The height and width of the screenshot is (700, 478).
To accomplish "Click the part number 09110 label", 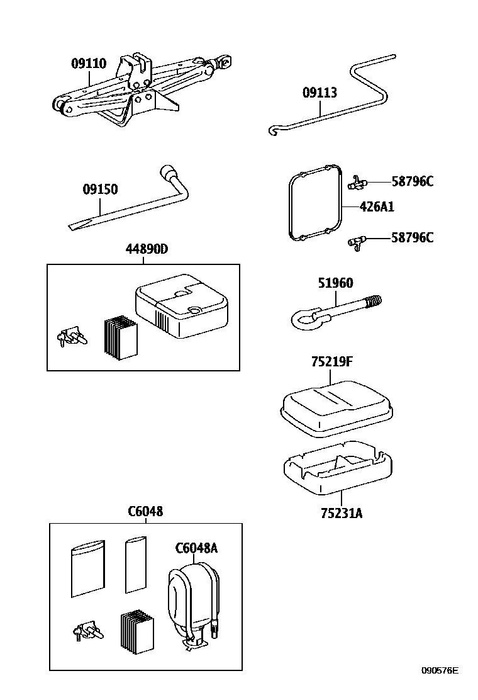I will coord(88,64).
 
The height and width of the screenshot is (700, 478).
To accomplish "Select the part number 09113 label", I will coord(320,93).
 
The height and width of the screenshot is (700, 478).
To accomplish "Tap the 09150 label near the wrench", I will coord(100,189).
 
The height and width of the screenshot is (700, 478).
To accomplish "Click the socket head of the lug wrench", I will coord(169,172).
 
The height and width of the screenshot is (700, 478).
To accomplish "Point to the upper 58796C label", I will coord(412,182).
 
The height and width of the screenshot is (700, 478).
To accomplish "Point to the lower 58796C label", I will coord(412,237).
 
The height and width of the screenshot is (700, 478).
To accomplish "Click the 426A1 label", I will coord(377,207).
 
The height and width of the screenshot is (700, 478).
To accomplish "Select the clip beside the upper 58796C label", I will coord(356,183).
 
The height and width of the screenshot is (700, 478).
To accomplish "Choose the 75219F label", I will coord(331,362).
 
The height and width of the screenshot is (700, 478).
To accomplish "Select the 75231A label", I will coord(342,513).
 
